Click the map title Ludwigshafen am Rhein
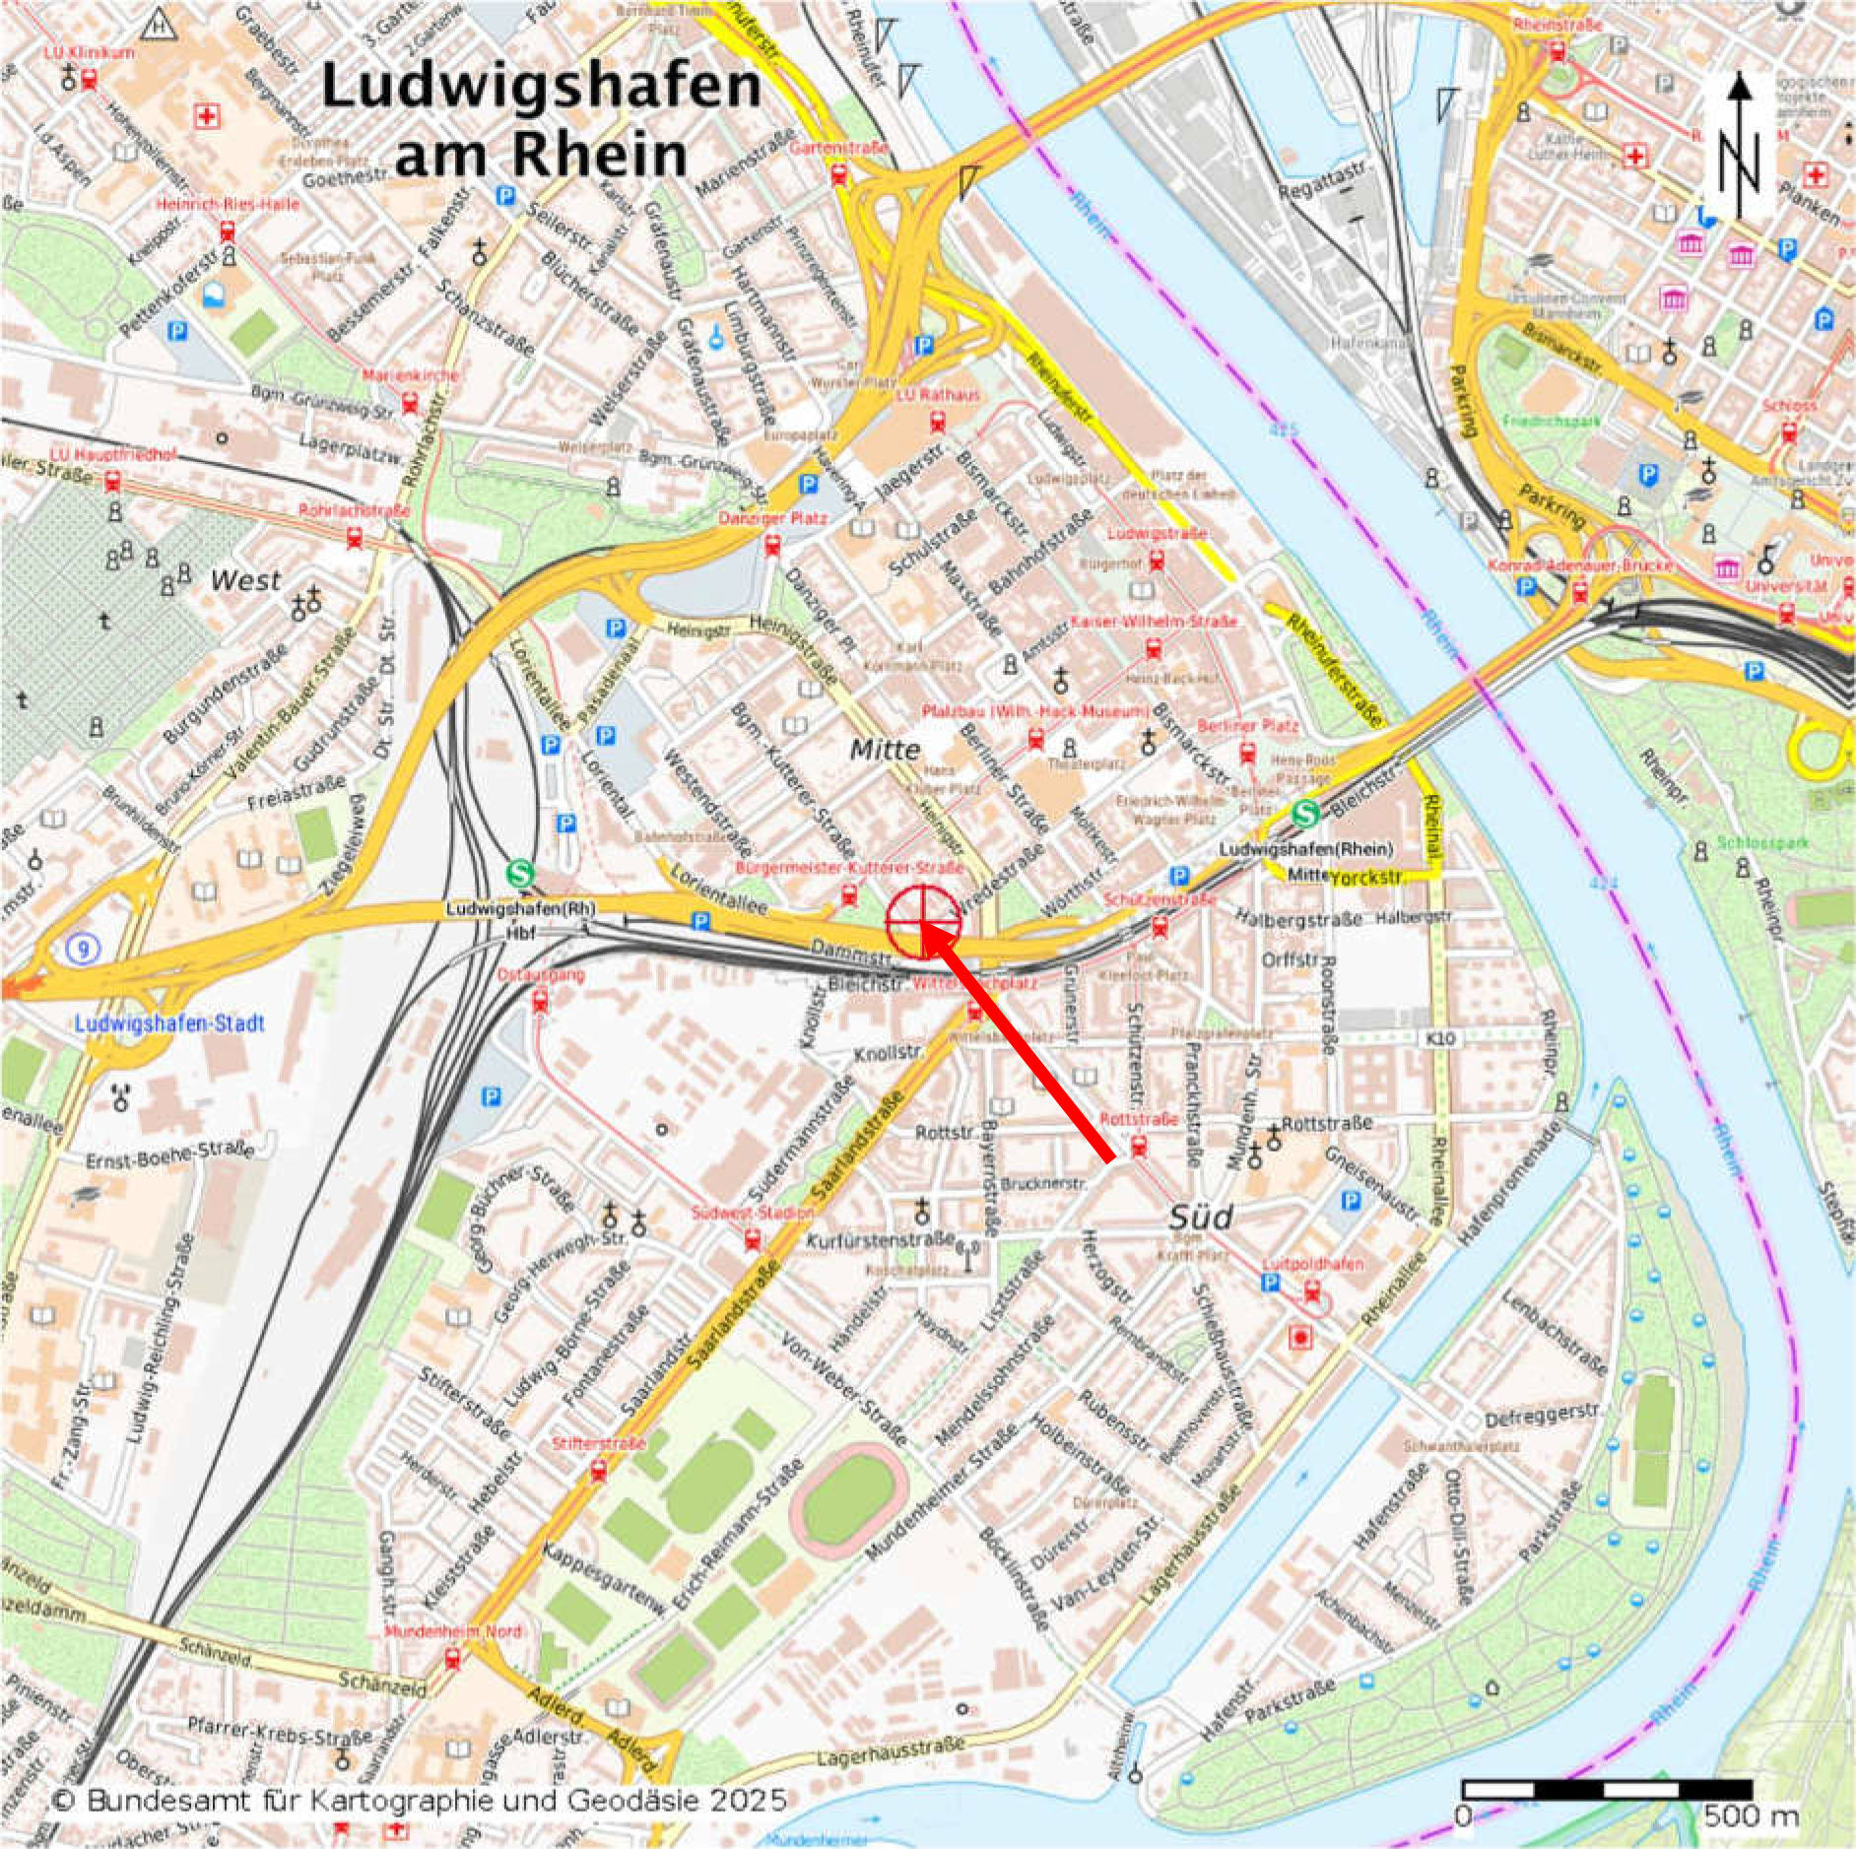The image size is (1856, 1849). [541, 120]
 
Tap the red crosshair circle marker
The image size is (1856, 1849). [923, 921]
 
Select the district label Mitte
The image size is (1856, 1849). [885, 750]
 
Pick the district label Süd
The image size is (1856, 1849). [1201, 1219]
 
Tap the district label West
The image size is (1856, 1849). [245, 580]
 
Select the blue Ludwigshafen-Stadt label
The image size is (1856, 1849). [169, 1024]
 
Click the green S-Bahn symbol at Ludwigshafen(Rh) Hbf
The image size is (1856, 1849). [519, 874]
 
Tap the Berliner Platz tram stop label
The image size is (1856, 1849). [1248, 726]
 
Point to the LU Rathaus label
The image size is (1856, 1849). [938, 395]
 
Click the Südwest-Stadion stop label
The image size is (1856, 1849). [753, 1213]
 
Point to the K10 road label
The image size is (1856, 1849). [1444, 1038]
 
